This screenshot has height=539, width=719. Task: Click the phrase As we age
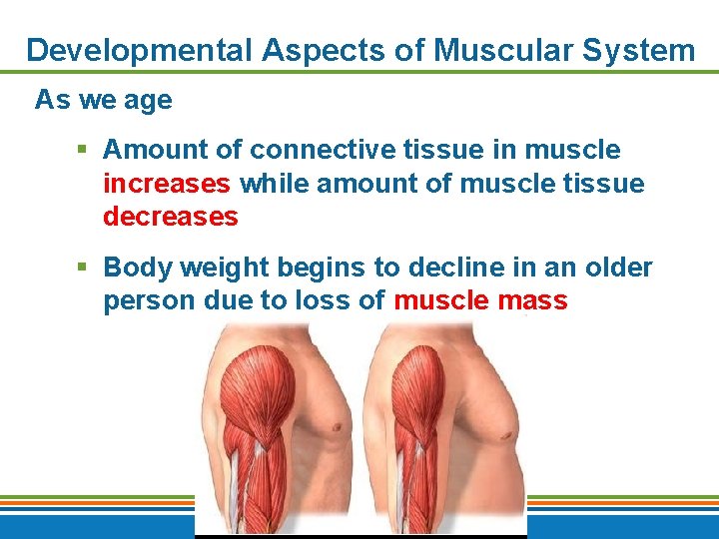point(104,100)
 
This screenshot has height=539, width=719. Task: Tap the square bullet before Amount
point(83,150)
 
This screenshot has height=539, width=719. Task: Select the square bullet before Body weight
point(83,268)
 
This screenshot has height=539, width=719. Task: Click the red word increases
point(168,184)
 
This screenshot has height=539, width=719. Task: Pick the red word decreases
point(171,217)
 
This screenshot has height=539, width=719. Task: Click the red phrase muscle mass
point(480,300)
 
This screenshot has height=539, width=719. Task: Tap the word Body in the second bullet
point(136,268)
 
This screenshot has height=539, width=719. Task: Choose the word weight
point(222,268)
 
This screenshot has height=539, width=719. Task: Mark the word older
point(618,268)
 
